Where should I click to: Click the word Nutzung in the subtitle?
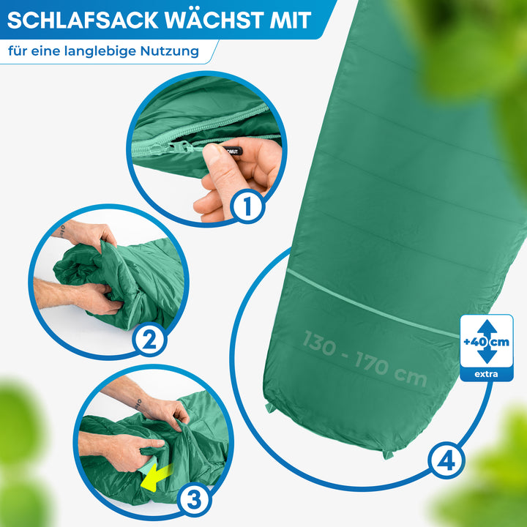point(171,52)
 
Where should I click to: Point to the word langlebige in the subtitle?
point(105,52)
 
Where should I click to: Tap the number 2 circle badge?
point(149,339)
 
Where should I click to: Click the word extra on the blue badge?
point(486,375)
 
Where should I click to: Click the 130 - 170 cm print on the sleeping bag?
point(365,358)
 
